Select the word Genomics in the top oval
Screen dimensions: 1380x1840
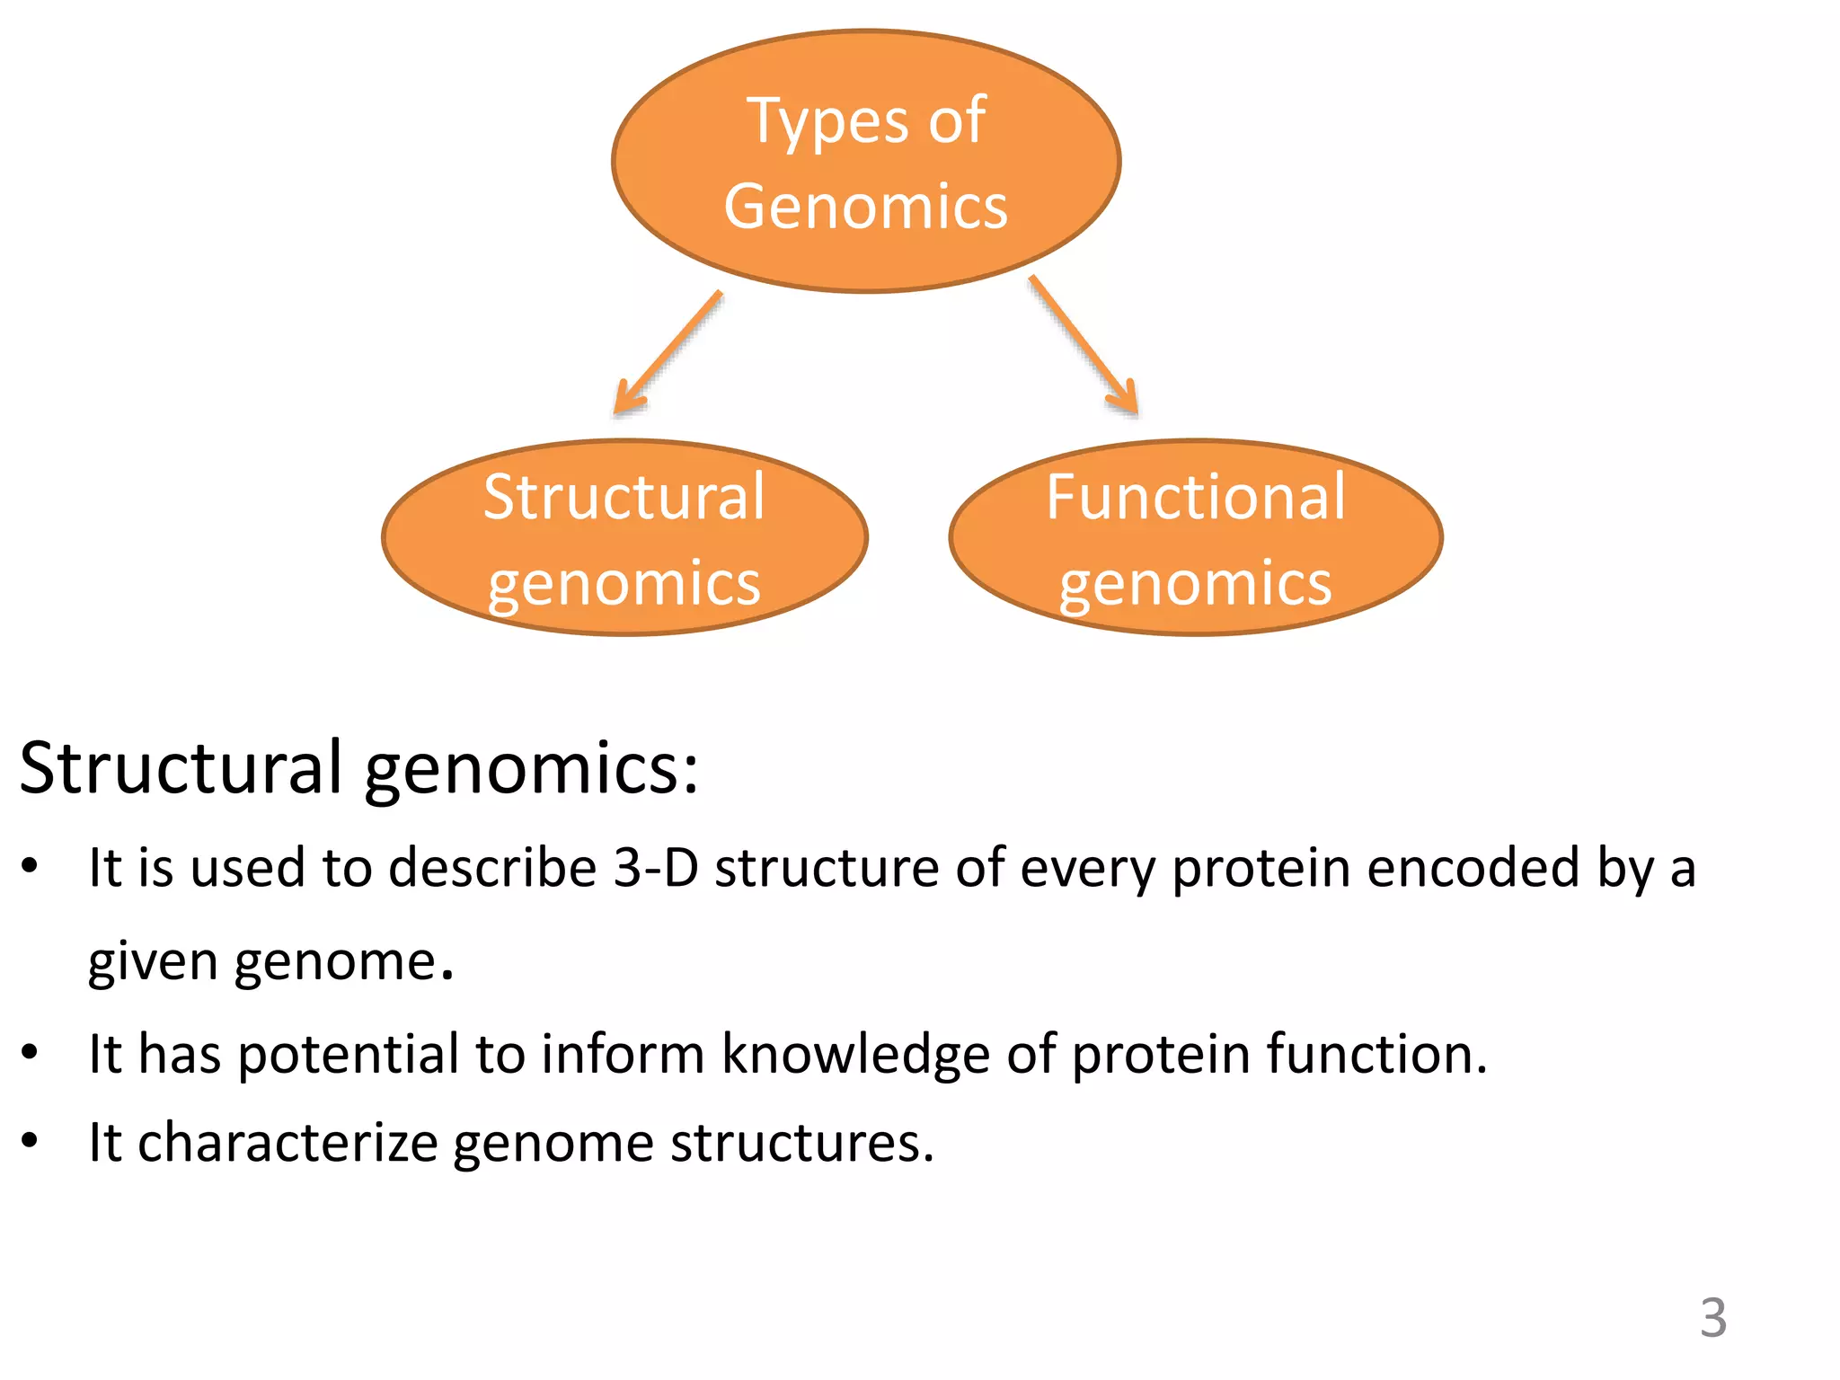(866, 208)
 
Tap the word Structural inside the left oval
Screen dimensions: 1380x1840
(624, 497)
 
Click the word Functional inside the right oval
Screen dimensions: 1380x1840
(1196, 497)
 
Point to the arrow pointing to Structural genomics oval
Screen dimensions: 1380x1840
(667, 353)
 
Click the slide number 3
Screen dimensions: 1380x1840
(1712, 1318)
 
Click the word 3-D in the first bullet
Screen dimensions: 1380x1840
(655, 869)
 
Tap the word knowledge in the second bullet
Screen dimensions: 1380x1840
(855, 1055)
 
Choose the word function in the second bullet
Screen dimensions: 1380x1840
(1367, 1055)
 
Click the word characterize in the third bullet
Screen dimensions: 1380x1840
(287, 1144)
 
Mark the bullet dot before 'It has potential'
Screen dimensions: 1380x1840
(31, 1051)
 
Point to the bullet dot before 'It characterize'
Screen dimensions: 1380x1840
(31, 1140)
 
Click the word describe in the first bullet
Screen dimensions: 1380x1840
(492, 869)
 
